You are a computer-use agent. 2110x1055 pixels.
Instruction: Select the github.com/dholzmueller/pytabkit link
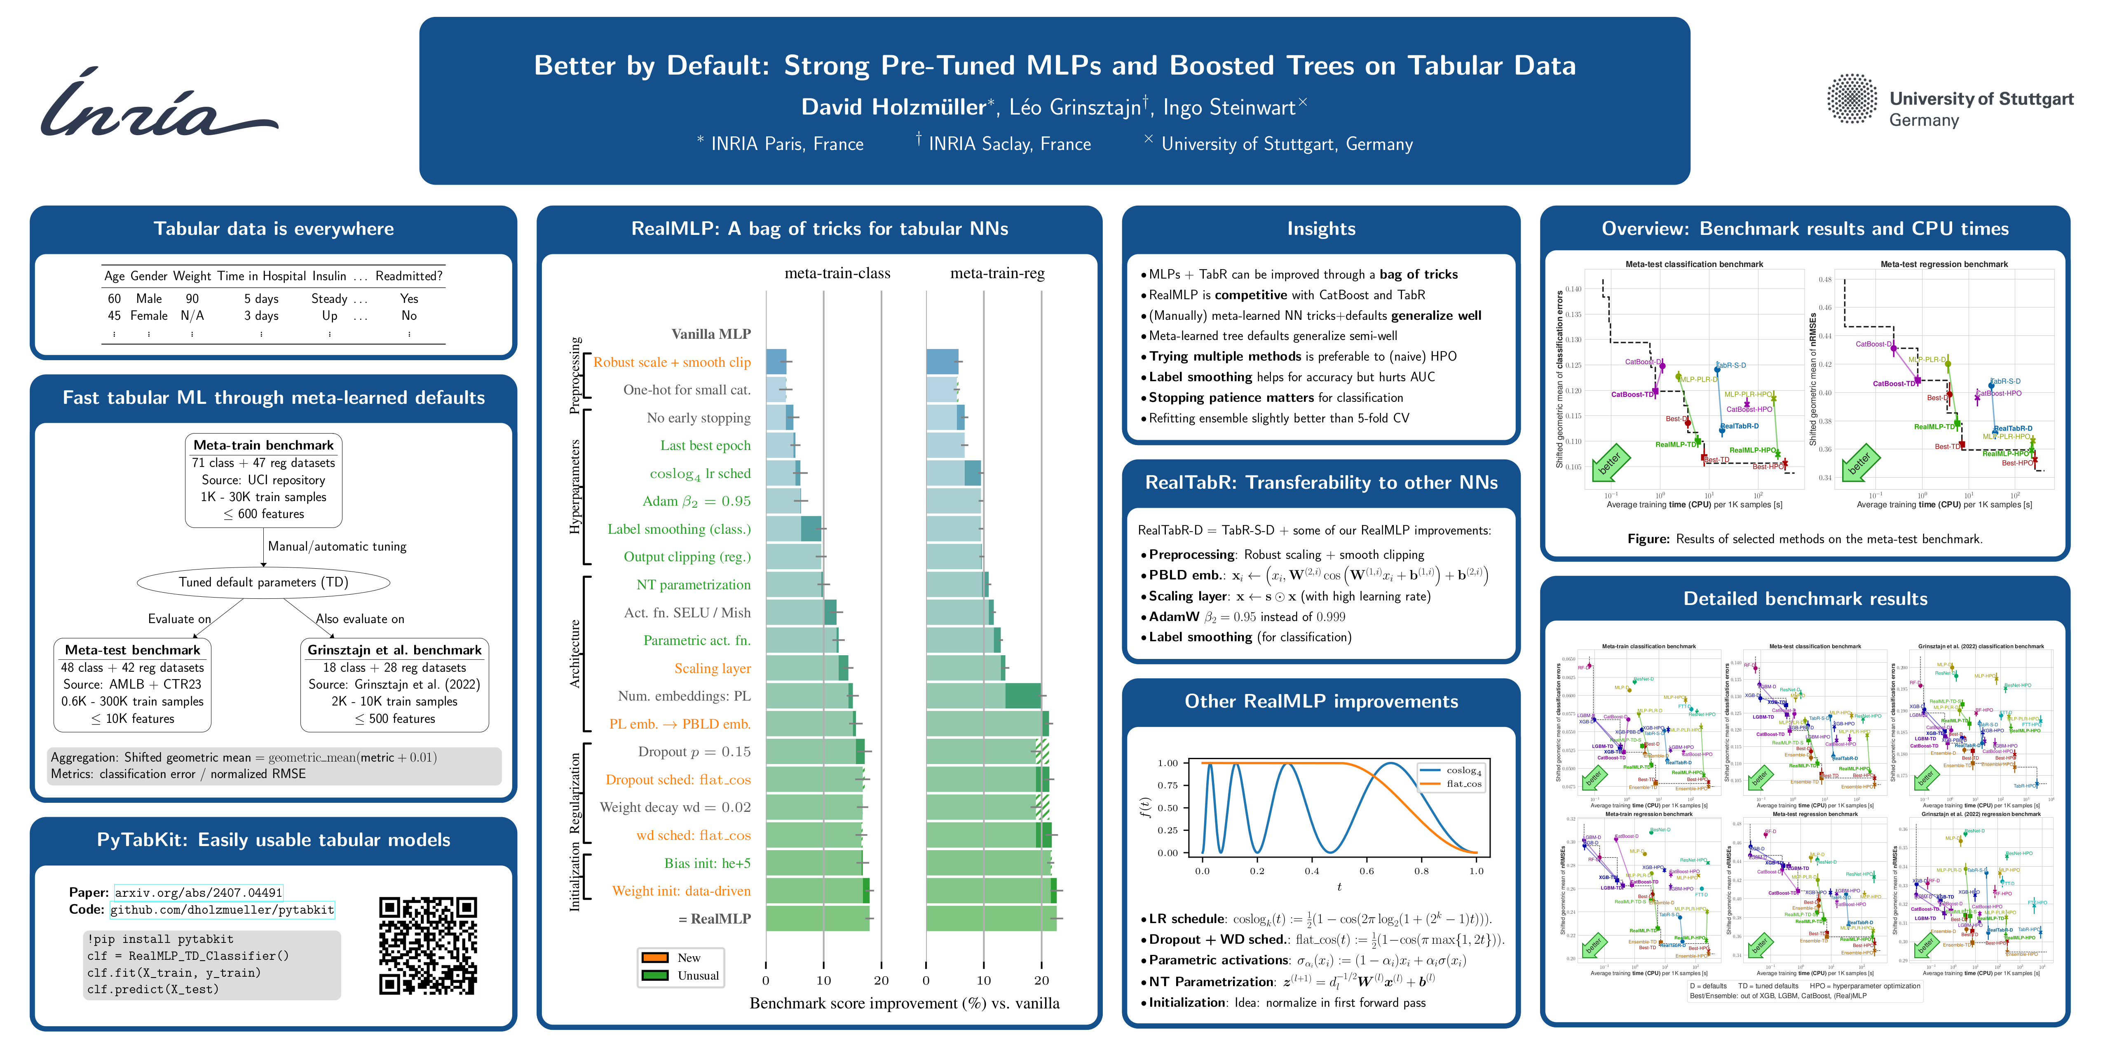coord(222,910)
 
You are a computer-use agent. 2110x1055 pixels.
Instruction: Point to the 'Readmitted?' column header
coord(409,276)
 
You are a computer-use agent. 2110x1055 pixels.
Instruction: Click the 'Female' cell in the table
coord(149,315)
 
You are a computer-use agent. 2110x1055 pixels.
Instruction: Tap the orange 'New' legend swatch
coord(655,957)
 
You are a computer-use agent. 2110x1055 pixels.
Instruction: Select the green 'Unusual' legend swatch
coord(655,975)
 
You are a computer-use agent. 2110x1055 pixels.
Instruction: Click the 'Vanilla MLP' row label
coord(711,334)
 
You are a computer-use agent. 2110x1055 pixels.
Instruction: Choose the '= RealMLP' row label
coord(714,919)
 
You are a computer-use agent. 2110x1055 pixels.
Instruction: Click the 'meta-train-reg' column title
coord(997,274)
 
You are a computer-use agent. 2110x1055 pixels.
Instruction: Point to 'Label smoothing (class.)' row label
coord(679,529)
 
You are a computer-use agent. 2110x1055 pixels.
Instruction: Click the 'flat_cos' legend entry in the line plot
coord(1463,784)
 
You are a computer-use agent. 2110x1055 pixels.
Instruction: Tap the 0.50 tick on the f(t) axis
coord(1167,808)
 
